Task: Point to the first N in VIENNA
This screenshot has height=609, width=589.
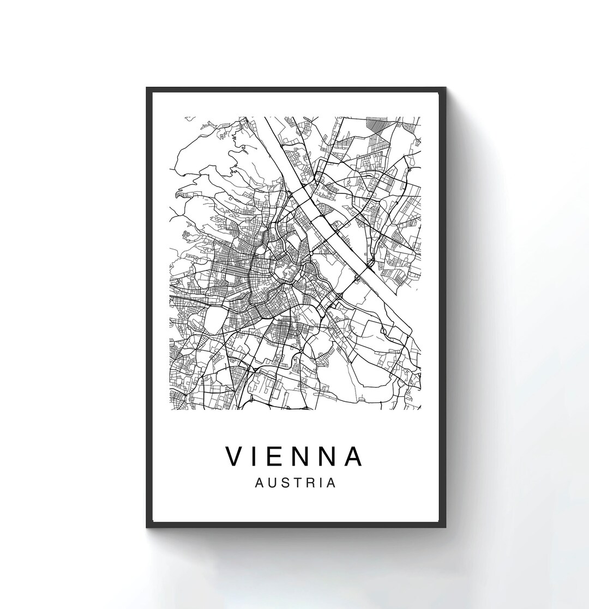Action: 303,456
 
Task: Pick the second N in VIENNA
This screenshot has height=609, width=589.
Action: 330,456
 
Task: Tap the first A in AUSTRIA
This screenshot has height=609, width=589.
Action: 260,483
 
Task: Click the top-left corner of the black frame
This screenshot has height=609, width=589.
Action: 147,87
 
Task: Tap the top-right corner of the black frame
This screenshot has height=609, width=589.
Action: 446,87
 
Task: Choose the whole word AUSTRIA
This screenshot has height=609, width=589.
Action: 294,483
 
